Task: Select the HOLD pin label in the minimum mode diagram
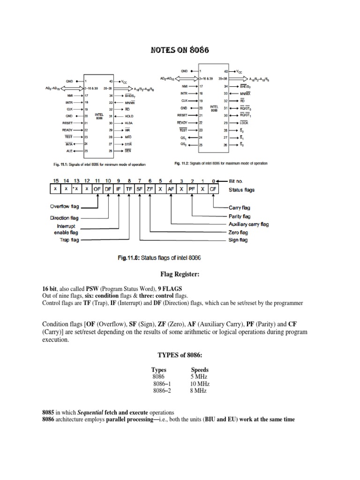[130, 116]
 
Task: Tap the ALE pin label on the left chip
[68, 151]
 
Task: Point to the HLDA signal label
[130, 123]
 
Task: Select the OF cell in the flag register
[97, 190]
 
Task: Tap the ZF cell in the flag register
[150, 190]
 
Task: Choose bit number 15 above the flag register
[56, 180]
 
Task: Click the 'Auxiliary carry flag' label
[249, 225]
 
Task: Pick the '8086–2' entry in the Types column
[163, 390]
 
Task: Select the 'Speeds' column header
[200, 370]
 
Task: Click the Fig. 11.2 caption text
[220, 164]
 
